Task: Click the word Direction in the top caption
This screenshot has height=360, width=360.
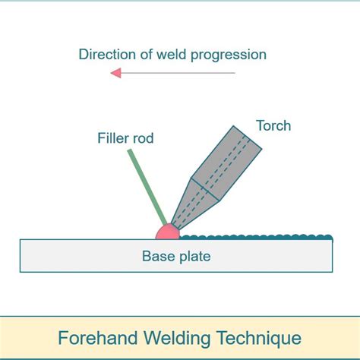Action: [105, 55]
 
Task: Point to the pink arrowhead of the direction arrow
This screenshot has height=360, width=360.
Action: [116, 73]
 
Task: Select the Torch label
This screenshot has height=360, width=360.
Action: [273, 125]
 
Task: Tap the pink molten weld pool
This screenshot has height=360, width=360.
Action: [166, 232]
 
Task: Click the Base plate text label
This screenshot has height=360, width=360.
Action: [176, 256]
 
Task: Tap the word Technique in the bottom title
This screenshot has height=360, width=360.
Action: [259, 337]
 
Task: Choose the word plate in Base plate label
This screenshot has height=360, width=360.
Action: [194, 256]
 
